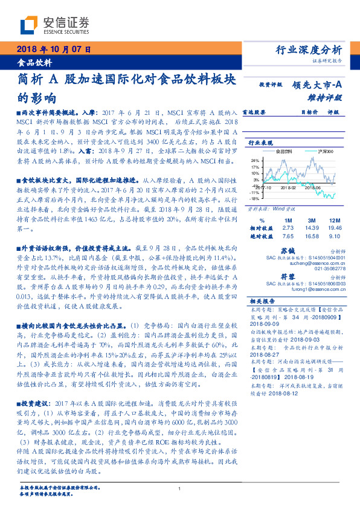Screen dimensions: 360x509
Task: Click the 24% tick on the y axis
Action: [x=256, y=160]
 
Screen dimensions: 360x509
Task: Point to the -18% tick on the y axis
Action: [x=255, y=198]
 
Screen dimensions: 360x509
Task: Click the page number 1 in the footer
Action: [x=180, y=489]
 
